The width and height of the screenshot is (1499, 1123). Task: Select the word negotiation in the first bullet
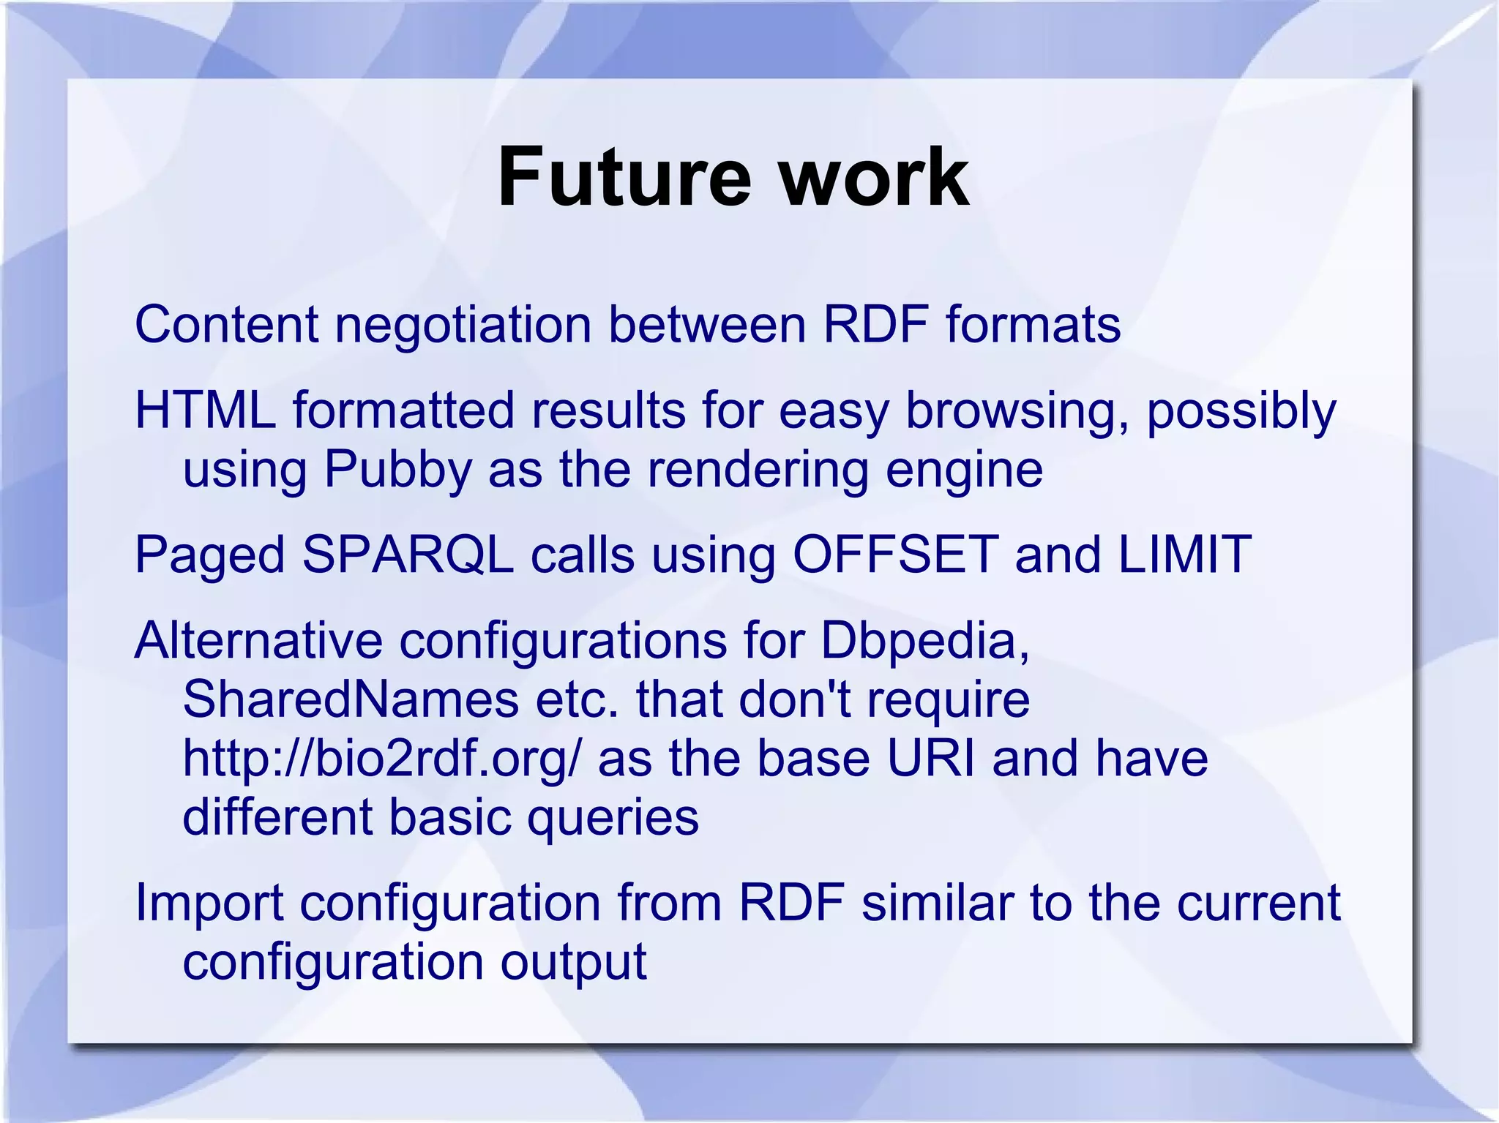(x=463, y=325)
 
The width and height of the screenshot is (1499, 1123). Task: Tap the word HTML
(x=206, y=410)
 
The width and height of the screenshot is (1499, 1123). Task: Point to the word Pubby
(x=397, y=470)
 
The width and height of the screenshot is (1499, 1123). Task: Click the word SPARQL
(x=408, y=555)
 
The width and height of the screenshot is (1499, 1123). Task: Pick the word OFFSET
(x=895, y=555)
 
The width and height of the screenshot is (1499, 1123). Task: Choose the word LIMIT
(x=1184, y=555)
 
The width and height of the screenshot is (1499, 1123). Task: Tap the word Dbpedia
(x=924, y=641)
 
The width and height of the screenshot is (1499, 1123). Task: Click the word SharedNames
(x=350, y=699)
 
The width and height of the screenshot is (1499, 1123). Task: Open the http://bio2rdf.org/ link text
(x=381, y=758)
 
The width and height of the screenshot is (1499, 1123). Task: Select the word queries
(x=613, y=817)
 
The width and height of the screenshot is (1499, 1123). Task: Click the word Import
(x=209, y=903)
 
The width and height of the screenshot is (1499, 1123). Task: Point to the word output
(x=573, y=961)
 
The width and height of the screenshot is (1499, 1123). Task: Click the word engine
(x=964, y=470)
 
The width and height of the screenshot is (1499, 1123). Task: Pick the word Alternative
(x=258, y=641)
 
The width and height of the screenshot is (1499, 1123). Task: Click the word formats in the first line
(x=1033, y=325)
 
